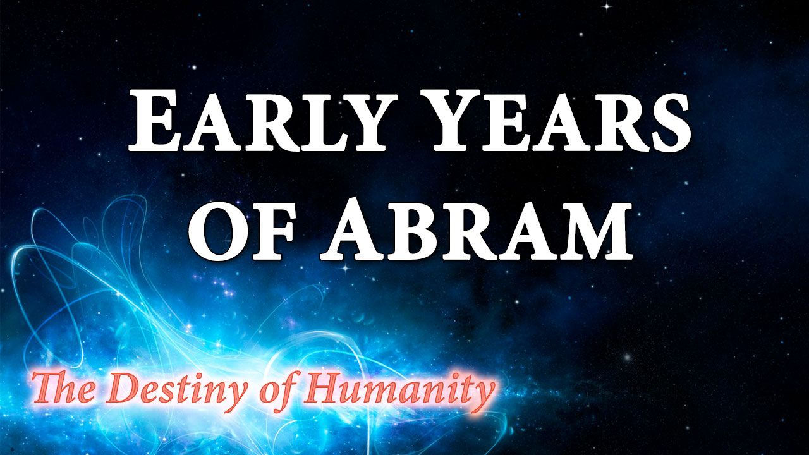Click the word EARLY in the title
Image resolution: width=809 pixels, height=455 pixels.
click(259, 122)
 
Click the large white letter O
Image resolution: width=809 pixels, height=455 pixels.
click(221, 231)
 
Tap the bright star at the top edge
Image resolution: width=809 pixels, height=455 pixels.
click(607, 6)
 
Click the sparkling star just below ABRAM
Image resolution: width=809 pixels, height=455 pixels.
click(346, 268)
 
